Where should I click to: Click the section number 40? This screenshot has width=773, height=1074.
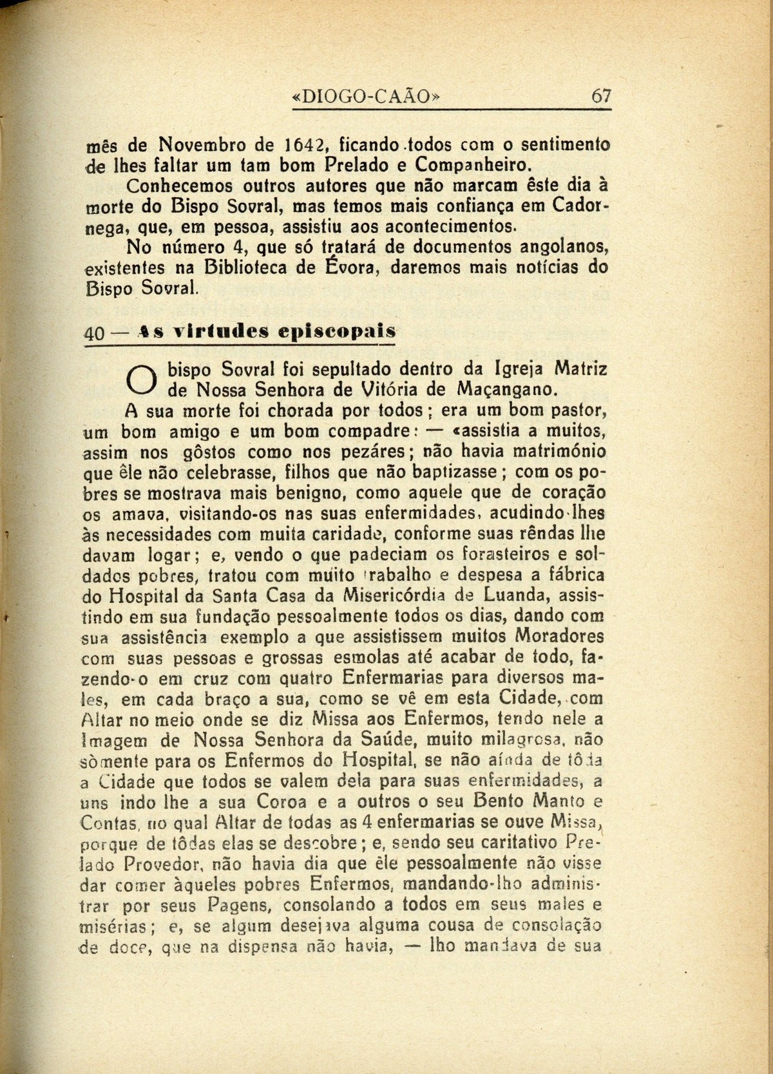[x=95, y=334]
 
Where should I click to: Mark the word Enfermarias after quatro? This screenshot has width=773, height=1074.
[x=390, y=678]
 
